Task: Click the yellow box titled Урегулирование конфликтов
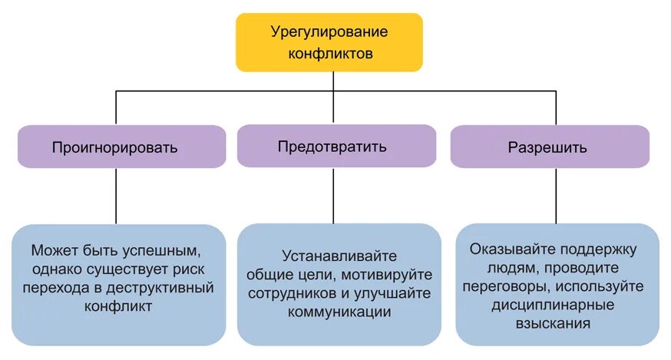click(329, 43)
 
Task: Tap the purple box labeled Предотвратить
click(332, 146)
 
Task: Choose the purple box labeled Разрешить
click(548, 147)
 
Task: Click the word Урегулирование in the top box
click(329, 32)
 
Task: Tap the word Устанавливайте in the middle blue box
click(339, 256)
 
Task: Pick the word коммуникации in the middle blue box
click(339, 312)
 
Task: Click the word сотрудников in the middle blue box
click(291, 293)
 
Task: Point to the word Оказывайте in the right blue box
click(507, 249)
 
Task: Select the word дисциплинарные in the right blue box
click(557, 305)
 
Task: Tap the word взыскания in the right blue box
click(557, 324)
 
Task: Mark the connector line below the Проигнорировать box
click(116, 196)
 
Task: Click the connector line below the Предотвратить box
click(333, 195)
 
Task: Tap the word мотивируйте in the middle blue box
click(391, 275)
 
